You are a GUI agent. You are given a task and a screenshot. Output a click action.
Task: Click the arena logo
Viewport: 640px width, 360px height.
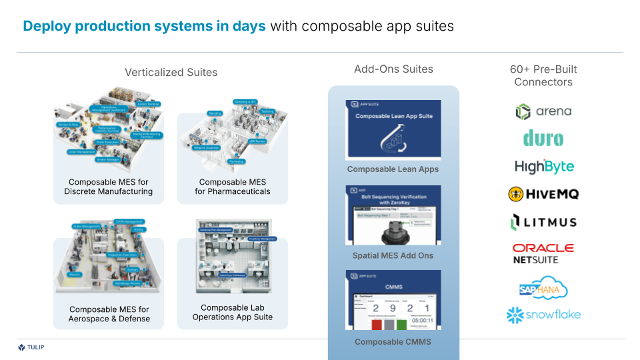click(x=543, y=111)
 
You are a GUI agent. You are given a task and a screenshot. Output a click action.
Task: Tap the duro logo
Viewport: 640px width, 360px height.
click(x=543, y=139)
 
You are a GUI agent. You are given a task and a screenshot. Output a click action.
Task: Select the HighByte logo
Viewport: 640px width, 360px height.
click(x=544, y=167)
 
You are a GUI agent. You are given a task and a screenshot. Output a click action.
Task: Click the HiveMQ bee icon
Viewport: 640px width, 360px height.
click(x=516, y=194)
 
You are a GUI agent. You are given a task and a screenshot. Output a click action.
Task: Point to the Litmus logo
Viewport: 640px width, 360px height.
click(x=543, y=222)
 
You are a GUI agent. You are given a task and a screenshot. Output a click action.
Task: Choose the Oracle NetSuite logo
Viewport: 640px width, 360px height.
click(x=543, y=253)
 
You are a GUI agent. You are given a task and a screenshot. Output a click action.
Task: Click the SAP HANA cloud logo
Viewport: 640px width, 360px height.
click(x=543, y=289)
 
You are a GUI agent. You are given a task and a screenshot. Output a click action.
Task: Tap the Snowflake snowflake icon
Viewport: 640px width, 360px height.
click(x=514, y=315)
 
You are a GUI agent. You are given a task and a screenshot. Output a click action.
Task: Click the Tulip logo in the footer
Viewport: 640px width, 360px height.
click(x=31, y=347)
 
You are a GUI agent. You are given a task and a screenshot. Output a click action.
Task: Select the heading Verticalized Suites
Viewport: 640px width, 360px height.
click(x=171, y=72)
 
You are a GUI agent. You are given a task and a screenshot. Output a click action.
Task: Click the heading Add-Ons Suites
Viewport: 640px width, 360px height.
click(x=393, y=69)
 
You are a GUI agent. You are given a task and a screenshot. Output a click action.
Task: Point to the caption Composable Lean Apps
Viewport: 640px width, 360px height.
click(x=393, y=169)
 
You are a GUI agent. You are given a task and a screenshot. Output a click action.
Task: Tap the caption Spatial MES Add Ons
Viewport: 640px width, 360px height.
click(x=393, y=255)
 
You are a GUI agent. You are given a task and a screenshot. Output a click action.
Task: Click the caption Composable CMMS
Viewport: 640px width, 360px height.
click(x=393, y=342)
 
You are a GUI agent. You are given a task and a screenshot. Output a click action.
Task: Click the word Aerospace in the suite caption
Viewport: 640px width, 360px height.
click(x=89, y=319)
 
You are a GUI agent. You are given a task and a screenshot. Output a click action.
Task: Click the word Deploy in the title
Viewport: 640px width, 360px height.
click(x=47, y=26)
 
